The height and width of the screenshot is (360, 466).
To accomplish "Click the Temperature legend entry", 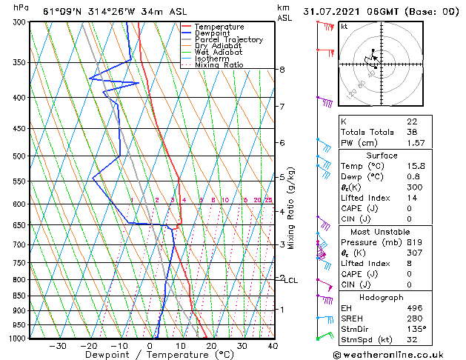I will tap(220, 27).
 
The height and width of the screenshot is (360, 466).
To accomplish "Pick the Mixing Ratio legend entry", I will tap(219, 65).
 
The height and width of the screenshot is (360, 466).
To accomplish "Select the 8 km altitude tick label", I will tap(282, 70).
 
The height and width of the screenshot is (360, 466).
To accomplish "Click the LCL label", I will tap(291, 281).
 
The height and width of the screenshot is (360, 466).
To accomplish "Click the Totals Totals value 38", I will tap(412, 132).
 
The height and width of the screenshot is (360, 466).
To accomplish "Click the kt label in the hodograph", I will tap(344, 27).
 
